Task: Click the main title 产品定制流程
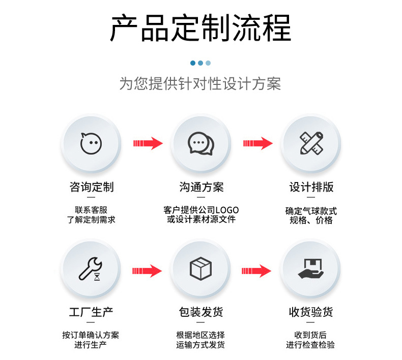click(200, 28)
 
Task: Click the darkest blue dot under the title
click(193, 63)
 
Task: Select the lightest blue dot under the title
click(208, 63)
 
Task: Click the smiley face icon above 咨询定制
click(91, 143)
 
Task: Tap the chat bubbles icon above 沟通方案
click(201, 143)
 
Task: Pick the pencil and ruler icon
click(311, 143)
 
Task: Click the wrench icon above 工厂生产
click(91, 268)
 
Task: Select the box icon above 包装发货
click(201, 268)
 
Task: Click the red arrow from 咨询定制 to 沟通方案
click(148, 143)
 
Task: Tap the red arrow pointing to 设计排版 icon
click(257, 143)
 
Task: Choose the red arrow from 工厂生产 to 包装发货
click(147, 271)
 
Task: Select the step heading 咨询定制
click(92, 187)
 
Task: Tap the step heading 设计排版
click(311, 187)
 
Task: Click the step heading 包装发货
click(201, 312)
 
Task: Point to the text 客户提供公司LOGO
click(201, 210)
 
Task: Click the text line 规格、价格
click(311, 221)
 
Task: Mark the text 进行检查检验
click(310, 345)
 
